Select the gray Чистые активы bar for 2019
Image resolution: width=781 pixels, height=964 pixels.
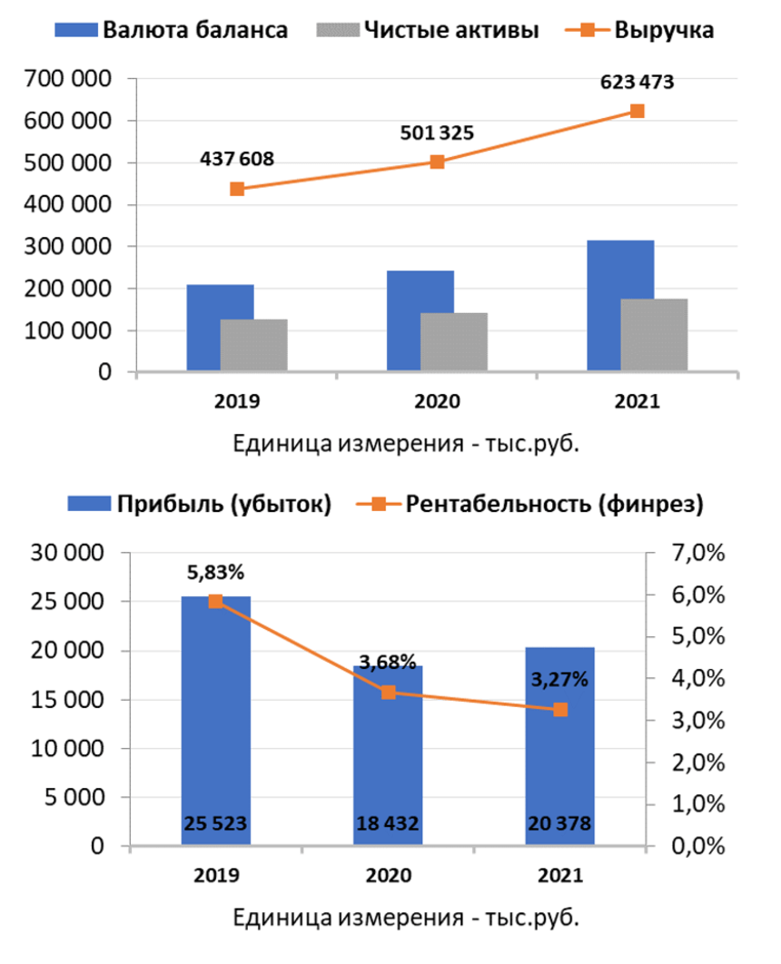253,345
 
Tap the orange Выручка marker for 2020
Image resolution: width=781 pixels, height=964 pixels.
437,162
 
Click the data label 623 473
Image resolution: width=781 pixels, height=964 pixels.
638,83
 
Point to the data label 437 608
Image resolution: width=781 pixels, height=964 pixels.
237,159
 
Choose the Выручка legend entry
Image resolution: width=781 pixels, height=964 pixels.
649,30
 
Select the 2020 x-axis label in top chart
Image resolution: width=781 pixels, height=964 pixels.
437,401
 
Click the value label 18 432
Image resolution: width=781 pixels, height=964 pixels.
388,823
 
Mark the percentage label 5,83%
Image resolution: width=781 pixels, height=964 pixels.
216,573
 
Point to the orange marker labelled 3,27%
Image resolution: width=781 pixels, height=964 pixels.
560,709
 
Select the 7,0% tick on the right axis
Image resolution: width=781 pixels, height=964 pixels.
695,553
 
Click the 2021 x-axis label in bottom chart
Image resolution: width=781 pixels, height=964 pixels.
560,876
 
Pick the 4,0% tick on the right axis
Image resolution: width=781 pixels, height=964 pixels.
695,678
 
